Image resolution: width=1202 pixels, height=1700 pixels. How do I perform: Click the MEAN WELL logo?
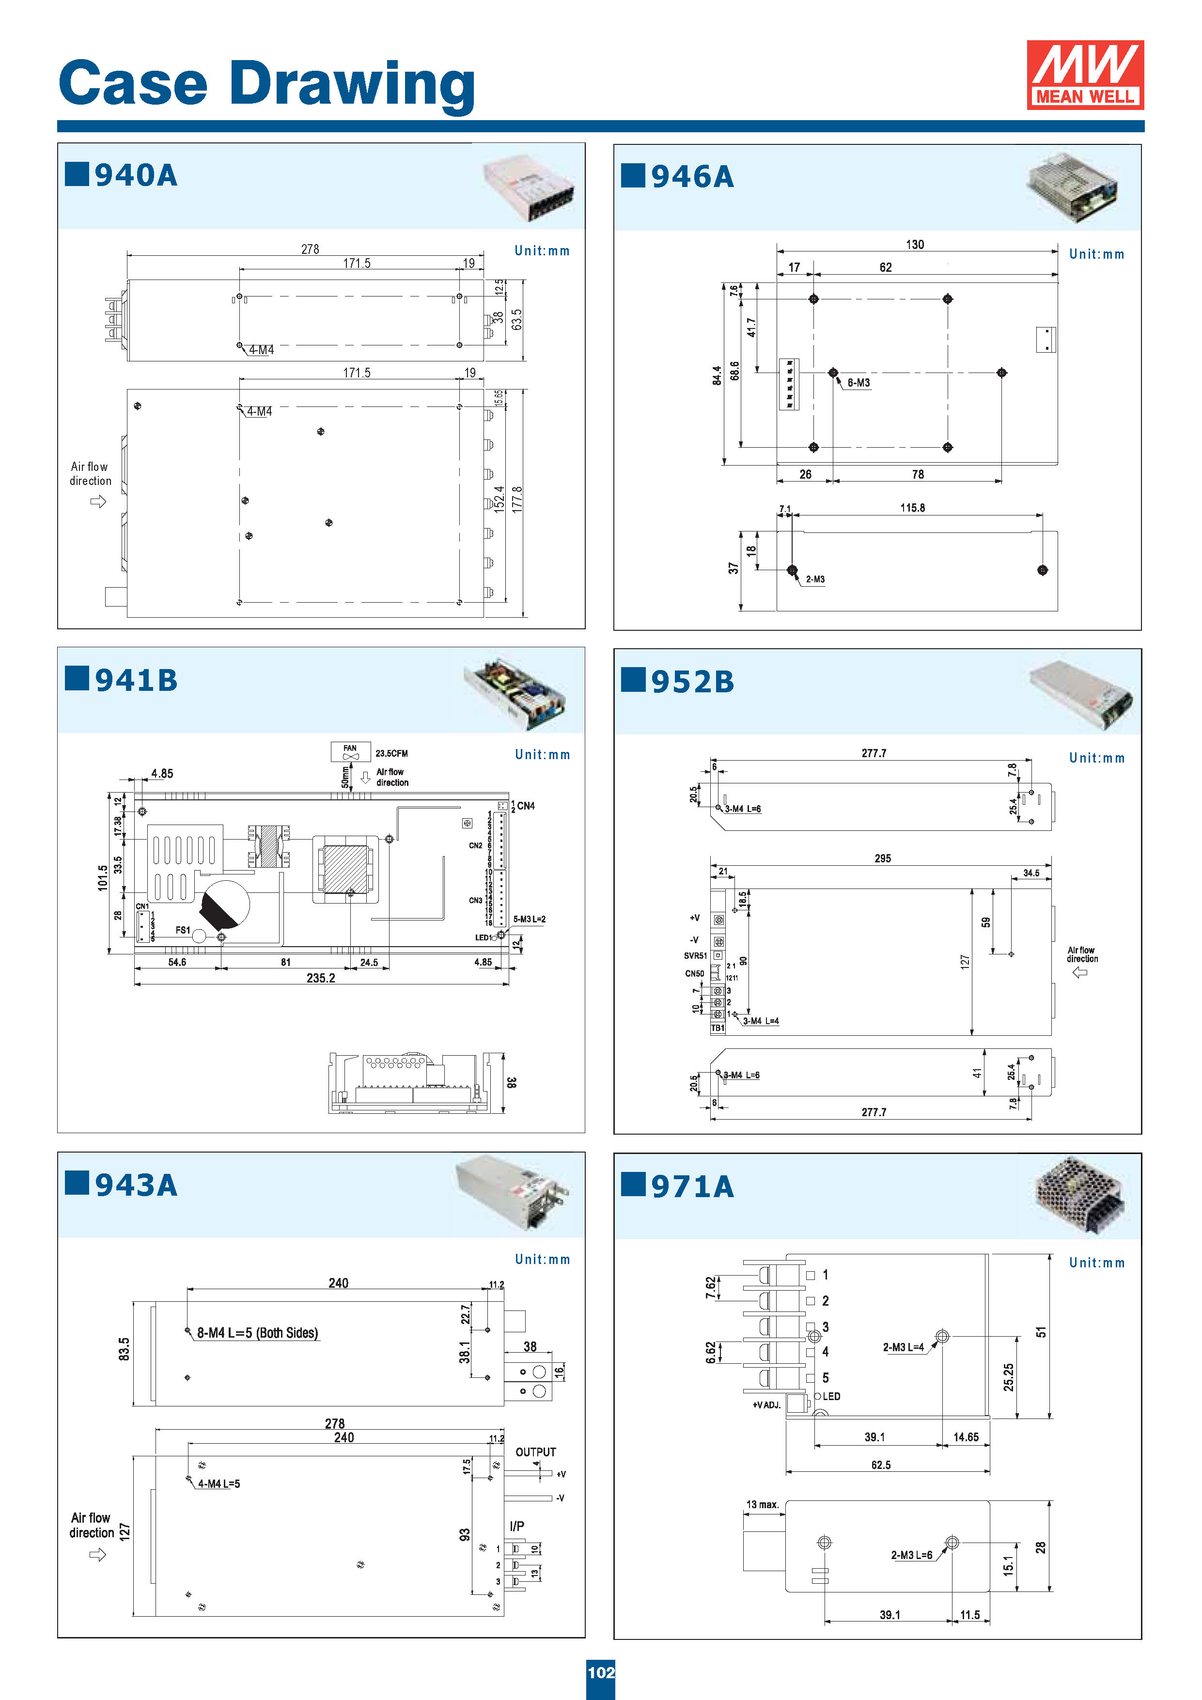pos(1084,75)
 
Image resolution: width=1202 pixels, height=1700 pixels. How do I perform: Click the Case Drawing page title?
pos(266,84)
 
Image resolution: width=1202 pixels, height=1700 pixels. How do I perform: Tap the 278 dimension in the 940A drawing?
pos(311,249)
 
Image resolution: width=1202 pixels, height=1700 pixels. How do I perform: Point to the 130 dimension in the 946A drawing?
pos(915,244)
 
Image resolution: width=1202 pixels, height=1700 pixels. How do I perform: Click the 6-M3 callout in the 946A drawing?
pos(859,383)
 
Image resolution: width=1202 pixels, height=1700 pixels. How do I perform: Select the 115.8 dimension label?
pos(912,508)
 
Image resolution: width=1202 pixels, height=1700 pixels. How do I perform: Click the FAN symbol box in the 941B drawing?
pos(350,751)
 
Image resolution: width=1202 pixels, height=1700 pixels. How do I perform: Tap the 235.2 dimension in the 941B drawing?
pos(321,978)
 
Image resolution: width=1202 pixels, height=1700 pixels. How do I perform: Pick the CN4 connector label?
pos(526,806)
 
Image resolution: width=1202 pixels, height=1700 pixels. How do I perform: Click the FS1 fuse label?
pos(183,930)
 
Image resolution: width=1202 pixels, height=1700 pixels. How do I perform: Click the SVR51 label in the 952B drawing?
pos(695,956)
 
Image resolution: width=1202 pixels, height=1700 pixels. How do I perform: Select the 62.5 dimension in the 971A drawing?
pos(881,1466)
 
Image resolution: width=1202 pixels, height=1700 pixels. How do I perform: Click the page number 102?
pos(601,1672)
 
